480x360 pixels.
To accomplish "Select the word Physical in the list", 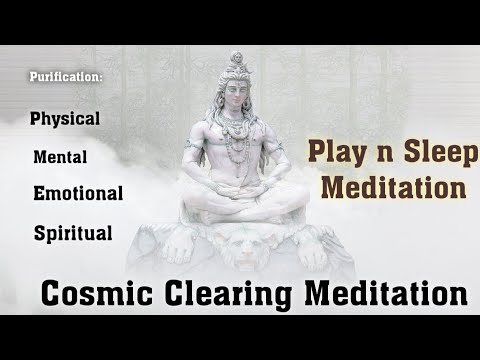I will tap(65, 118).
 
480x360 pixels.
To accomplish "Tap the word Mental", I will tap(60, 157).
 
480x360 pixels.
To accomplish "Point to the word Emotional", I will tap(78, 193).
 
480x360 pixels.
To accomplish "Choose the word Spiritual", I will tap(72, 234).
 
